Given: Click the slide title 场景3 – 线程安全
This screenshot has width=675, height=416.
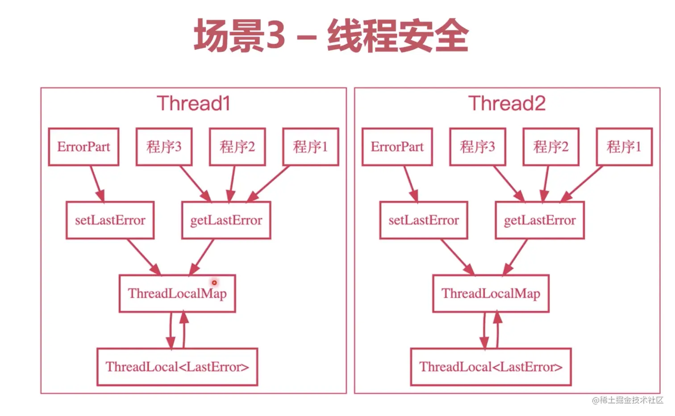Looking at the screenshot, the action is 331,35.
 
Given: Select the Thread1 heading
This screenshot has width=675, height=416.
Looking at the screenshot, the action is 194,103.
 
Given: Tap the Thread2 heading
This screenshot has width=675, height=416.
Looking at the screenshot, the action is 507,103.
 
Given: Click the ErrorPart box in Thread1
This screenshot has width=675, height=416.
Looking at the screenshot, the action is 84,147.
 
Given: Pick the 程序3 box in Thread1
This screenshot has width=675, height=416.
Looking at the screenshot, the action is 164,147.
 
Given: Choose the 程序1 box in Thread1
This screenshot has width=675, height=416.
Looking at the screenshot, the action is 311,147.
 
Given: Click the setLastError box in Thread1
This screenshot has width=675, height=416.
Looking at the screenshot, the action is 110,220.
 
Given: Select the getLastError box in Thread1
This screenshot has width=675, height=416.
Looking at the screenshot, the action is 226,220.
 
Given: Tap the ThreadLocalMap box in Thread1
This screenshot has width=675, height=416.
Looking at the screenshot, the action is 177,293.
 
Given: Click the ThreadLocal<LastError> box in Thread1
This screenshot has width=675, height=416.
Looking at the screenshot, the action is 177,367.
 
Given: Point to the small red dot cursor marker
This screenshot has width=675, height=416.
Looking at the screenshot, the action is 214,283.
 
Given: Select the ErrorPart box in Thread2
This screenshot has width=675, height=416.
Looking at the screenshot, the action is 397,147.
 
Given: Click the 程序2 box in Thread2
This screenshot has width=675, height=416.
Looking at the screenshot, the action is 551,147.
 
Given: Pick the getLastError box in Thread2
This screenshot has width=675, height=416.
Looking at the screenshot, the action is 540,220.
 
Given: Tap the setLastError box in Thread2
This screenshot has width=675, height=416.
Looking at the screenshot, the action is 424,220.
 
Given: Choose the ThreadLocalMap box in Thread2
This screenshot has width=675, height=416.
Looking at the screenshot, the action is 491,293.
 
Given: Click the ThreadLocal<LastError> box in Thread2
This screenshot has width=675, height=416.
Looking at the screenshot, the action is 491,367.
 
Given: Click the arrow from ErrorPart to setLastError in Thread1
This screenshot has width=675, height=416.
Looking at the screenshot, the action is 97,184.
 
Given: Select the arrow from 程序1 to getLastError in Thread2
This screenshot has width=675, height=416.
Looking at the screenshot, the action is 581,184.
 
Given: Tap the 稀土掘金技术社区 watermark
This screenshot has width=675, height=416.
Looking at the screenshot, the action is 628,400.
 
